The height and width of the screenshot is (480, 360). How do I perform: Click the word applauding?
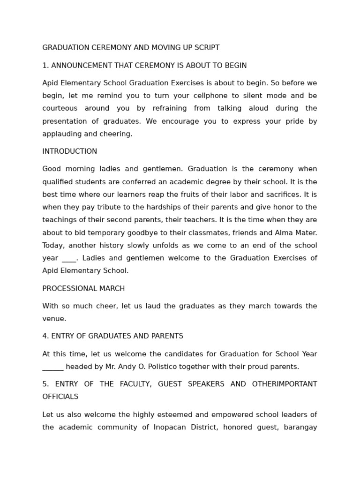click(62, 134)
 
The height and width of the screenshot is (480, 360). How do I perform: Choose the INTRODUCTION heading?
click(70, 152)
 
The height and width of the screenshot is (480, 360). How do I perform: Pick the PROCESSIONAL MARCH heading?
click(83, 289)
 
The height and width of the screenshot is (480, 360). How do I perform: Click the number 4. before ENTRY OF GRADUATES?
click(45, 337)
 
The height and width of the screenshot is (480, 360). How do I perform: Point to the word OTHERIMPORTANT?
click(285, 384)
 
